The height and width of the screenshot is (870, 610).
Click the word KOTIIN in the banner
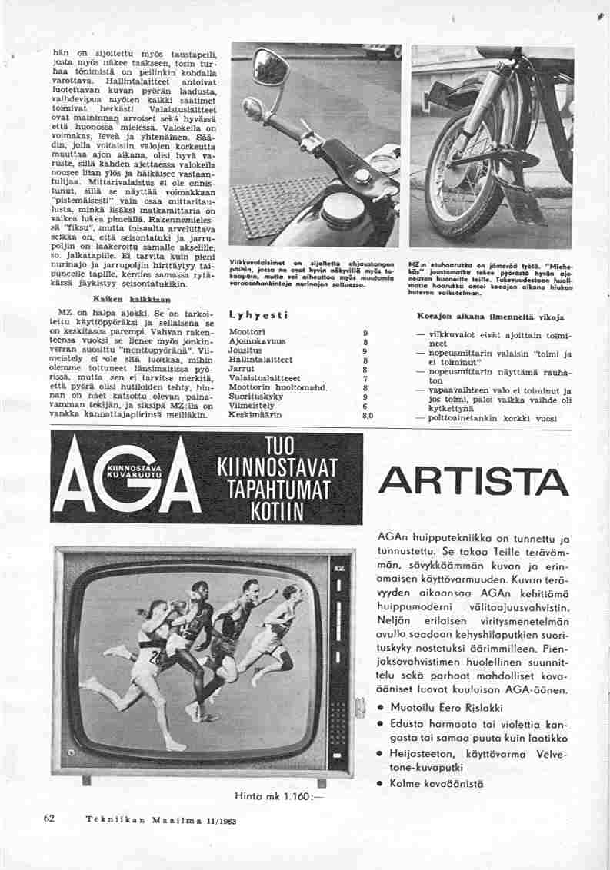tap(274, 511)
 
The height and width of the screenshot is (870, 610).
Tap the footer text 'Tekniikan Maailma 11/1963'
tap(160, 819)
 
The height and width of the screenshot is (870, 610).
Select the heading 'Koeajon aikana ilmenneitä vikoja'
tap(491, 316)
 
